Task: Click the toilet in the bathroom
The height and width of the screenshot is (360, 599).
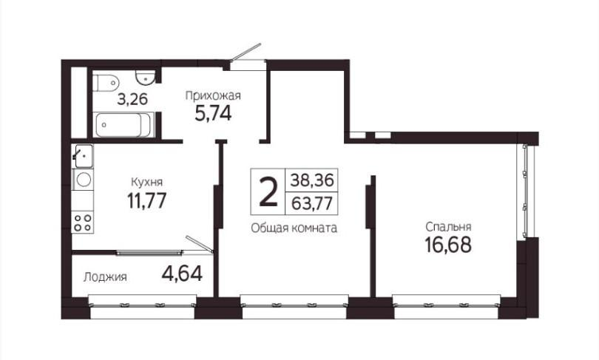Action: (105, 83)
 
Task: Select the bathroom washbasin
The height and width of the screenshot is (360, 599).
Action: (145, 78)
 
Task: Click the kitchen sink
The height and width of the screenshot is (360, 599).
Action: (83, 156)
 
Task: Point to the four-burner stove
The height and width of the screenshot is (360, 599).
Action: (83, 223)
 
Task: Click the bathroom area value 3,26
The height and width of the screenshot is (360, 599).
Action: (132, 99)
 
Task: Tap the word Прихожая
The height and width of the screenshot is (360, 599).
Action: (213, 95)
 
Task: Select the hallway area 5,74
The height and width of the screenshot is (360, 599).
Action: (213, 113)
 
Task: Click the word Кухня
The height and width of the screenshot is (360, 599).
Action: (146, 181)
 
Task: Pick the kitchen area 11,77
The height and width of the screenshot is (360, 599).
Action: (147, 200)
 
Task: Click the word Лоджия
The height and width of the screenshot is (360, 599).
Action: (105, 276)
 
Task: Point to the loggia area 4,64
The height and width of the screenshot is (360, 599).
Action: (182, 274)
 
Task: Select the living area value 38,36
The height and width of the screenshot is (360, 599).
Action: (312, 180)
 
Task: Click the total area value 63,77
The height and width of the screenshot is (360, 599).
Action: (312, 203)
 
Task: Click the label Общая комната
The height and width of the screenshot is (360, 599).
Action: (294, 228)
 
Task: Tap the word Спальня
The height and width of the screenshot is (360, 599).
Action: (448, 227)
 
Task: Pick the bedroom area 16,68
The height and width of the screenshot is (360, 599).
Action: (448, 245)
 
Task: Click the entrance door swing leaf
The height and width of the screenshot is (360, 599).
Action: (246, 51)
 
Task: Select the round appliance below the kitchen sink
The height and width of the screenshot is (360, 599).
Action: (83, 180)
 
